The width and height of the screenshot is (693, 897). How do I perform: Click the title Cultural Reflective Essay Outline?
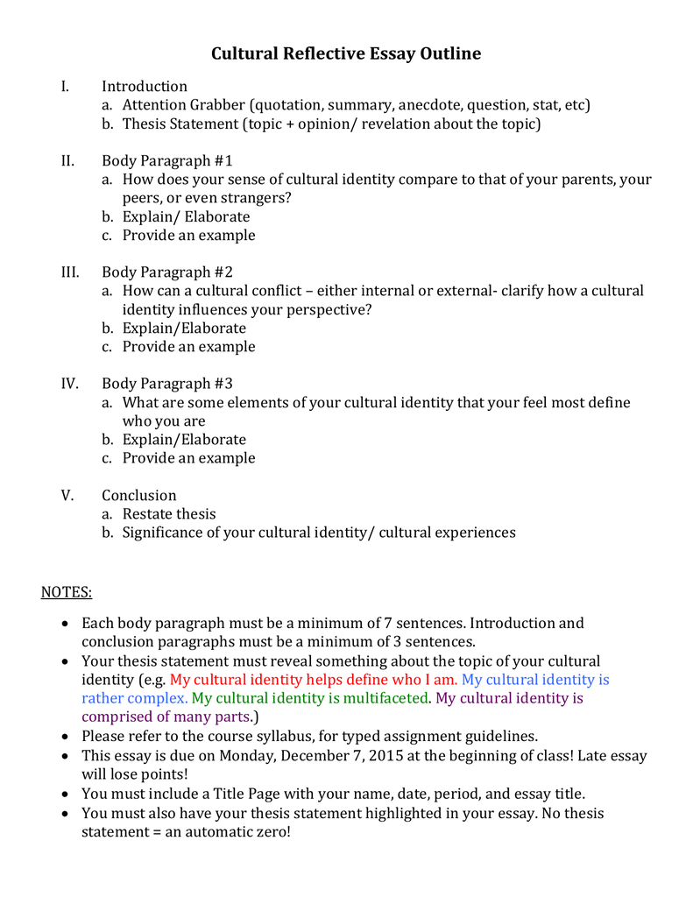[x=346, y=53]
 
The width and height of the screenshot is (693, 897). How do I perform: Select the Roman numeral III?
[x=70, y=272]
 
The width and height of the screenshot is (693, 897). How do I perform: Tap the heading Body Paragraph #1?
[x=166, y=161]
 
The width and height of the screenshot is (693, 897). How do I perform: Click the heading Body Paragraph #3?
[x=166, y=384]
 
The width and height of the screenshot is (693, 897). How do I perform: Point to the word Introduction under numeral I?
[x=145, y=87]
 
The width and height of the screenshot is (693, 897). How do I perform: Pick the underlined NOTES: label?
[x=67, y=593]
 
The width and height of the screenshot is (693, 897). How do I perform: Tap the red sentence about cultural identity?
[x=314, y=680]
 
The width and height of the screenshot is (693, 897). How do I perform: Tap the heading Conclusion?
[x=138, y=496]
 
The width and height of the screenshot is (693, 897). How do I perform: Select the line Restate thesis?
[x=169, y=514]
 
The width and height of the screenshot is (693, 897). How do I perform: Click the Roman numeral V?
[x=68, y=496]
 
